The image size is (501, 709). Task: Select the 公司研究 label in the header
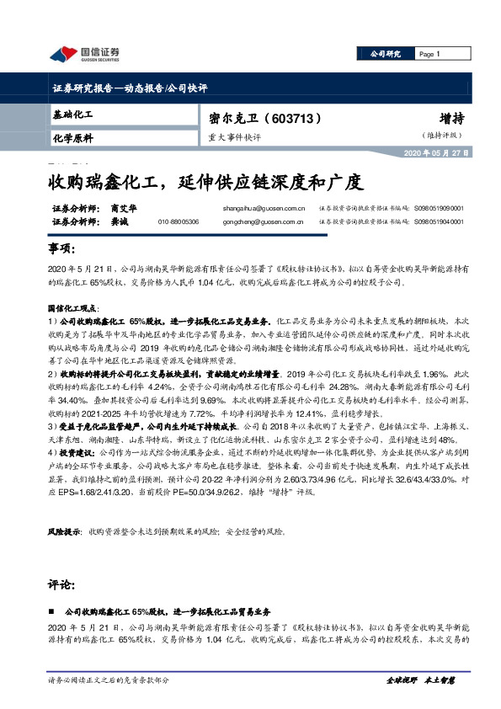coord(385,54)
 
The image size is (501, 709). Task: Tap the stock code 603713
coord(295,119)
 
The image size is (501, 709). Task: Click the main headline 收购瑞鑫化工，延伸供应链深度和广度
coord(205,182)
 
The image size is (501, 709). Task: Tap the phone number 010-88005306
coord(179,221)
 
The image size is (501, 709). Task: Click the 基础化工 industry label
coord(72,113)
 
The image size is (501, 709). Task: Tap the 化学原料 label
coord(72,137)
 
